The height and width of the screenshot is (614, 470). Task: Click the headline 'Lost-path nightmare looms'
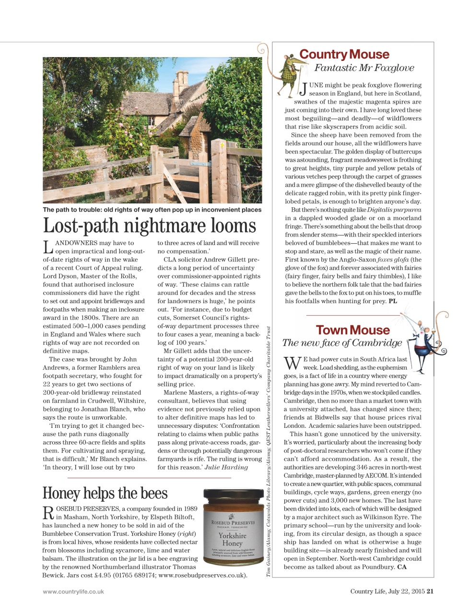[150, 226]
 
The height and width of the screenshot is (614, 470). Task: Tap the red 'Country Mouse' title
[344, 54]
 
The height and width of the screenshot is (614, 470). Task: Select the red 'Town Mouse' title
[352, 330]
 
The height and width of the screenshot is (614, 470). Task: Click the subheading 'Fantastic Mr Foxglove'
[364, 68]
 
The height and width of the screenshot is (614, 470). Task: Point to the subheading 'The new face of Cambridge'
[342, 343]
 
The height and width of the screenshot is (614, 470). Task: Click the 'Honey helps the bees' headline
[105, 493]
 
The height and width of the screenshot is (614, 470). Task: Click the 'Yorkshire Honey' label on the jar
[233, 539]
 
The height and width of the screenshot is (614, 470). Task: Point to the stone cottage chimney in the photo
[182, 79]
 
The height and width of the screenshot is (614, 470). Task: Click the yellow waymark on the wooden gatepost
[222, 144]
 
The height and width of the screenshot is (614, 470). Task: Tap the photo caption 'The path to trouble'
[152, 210]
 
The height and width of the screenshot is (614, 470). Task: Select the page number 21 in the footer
[430, 591]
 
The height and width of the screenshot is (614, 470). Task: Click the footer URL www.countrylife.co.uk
[73, 591]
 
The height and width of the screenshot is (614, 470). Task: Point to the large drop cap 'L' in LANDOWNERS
[48, 247]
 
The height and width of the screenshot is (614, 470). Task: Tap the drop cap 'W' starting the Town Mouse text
[292, 364]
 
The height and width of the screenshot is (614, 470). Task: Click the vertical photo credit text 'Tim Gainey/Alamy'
[269, 559]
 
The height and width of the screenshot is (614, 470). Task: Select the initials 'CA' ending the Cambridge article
[402, 567]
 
